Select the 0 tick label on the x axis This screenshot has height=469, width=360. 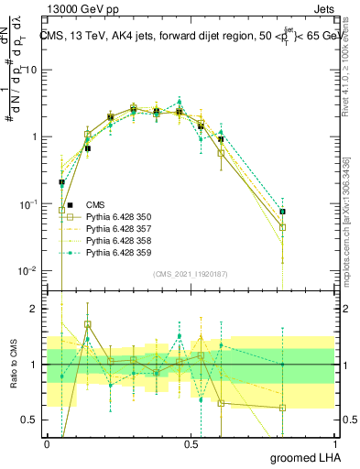(x=47, y=443)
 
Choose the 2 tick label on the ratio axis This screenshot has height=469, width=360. (x=35, y=309)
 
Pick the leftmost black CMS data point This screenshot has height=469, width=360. (x=61, y=182)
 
